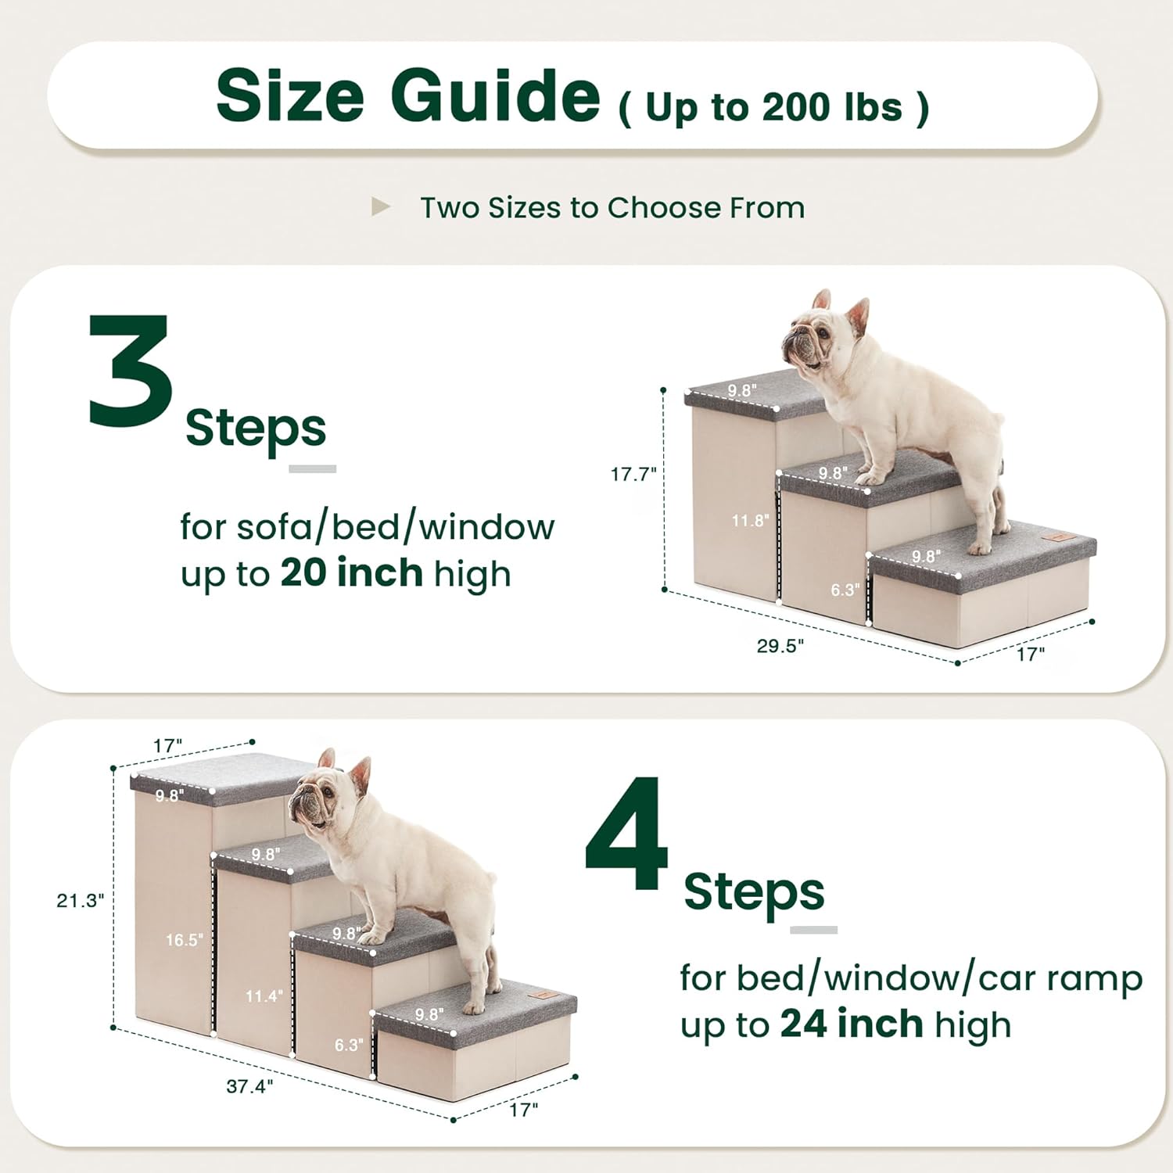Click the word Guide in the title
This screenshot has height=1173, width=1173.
(x=495, y=96)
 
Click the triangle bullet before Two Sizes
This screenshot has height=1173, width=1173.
(x=381, y=207)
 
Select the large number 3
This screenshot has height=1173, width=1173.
(x=131, y=371)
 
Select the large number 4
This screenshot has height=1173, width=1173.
(x=627, y=834)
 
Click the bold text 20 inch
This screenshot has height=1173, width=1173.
(x=351, y=573)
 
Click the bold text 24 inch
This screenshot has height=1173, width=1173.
(x=852, y=1024)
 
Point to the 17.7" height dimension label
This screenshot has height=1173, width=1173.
(x=633, y=474)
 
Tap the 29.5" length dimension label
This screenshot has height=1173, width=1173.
(x=780, y=646)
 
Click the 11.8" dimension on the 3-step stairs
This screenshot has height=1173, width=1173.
(x=750, y=520)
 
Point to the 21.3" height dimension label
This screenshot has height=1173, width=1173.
(x=80, y=901)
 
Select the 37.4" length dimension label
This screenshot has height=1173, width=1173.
(x=249, y=1086)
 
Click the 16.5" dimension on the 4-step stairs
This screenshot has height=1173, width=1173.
(x=185, y=940)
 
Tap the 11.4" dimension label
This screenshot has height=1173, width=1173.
(x=264, y=996)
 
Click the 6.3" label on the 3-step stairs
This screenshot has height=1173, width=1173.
(x=845, y=590)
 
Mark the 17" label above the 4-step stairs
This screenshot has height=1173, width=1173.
(x=167, y=746)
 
